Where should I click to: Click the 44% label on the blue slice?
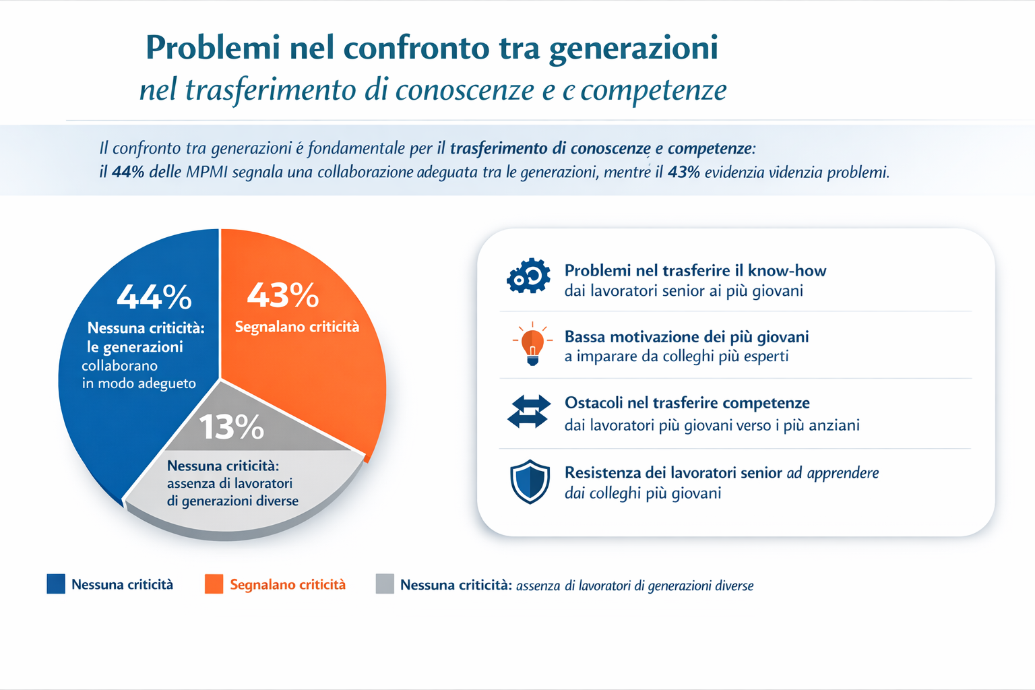click(154, 296)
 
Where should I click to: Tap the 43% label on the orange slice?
click(283, 295)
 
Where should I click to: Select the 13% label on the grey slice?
click(231, 427)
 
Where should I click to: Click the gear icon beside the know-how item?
click(529, 276)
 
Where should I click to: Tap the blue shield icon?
click(530, 481)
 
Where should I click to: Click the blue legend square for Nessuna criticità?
click(56, 584)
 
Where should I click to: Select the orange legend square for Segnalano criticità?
click(214, 584)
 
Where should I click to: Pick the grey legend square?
click(385, 584)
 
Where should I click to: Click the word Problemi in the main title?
click(212, 48)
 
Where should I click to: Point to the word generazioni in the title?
click(633, 48)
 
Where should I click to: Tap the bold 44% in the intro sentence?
click(128, 172)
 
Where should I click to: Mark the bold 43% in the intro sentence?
click(684, 172)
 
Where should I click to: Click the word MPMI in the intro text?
click(207, 172)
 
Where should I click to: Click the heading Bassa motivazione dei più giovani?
click(687, 337)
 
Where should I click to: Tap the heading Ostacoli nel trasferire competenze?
click(687, 403)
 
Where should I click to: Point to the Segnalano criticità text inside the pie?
click(296, 327)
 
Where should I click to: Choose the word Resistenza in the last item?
click(602, 473)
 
